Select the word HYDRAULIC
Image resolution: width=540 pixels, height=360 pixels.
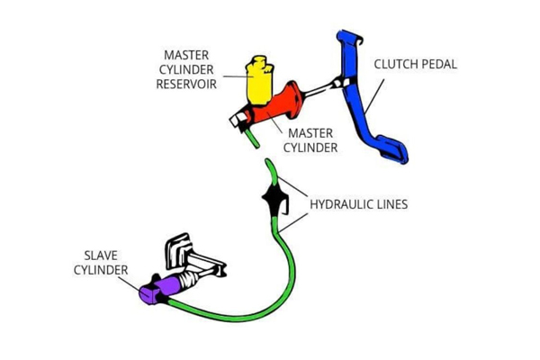342,204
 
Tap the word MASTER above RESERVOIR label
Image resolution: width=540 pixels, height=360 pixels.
186,55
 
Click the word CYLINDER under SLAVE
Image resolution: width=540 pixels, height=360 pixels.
100,269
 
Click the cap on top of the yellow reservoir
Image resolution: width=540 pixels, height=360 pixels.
260,62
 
